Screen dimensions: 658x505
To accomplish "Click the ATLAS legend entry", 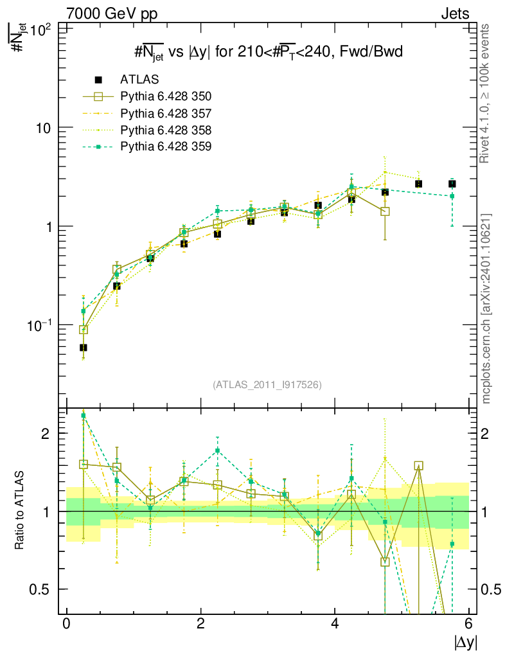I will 139,80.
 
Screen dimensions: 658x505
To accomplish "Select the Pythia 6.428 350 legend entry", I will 166,96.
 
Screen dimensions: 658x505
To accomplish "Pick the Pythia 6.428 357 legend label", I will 166,113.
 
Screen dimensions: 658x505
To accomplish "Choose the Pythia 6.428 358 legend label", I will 166,130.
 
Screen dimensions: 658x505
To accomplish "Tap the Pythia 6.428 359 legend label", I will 166,147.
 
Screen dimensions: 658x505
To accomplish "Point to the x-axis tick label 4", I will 335,624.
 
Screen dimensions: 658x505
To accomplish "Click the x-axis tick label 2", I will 200,624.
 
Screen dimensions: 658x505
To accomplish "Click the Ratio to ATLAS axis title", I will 19,511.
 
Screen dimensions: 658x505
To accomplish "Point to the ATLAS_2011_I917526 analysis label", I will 267,384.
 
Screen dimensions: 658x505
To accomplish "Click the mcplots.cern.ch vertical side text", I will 487,309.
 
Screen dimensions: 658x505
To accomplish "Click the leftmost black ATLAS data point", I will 84,348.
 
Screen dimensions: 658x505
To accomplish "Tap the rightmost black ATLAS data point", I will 452,184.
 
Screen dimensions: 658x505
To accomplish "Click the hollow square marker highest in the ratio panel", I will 419,466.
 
